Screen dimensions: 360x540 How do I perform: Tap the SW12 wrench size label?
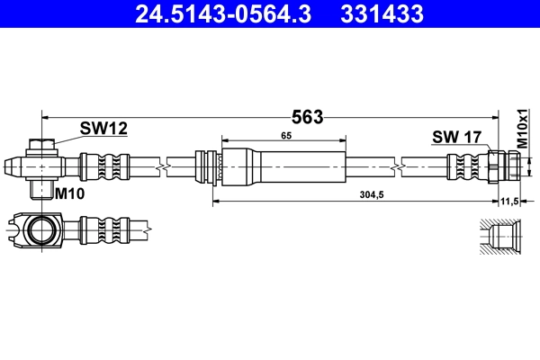(x=103, y=129)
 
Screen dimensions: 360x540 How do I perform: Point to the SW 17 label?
(x=458, y=137)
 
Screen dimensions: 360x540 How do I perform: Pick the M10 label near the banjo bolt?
(x=69, y=193)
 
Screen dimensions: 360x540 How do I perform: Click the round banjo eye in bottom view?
(x=40, y=231)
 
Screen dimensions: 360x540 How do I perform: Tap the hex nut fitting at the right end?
(x=503, y=166)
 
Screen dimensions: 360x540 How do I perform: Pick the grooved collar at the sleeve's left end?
(x=211, y=167)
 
